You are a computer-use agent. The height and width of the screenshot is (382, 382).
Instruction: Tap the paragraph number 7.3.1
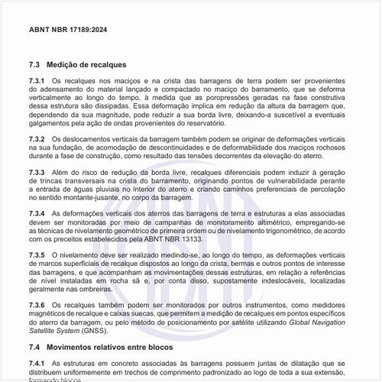point(37,80)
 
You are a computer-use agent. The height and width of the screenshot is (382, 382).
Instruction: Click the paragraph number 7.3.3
point(37,174)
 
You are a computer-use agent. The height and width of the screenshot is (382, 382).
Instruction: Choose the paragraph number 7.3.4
point(37,212)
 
